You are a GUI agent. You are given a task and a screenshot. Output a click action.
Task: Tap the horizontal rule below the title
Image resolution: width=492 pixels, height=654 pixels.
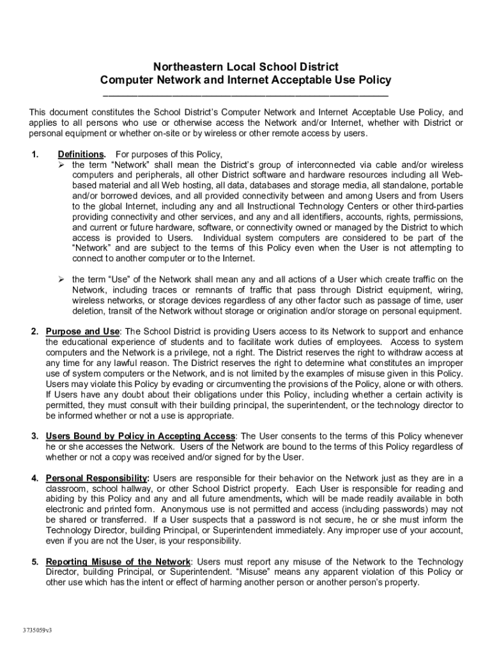point(245,95)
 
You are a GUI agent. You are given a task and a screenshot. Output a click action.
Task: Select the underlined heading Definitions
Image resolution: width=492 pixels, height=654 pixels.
point(81,155)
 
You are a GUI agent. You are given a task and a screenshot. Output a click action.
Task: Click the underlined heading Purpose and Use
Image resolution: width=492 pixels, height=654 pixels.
point(82,331)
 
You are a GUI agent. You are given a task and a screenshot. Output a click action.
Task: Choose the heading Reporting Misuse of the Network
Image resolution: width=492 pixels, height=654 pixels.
point(118,562)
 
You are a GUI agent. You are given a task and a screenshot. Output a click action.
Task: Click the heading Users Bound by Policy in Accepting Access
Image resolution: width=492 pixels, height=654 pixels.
point(141,436)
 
